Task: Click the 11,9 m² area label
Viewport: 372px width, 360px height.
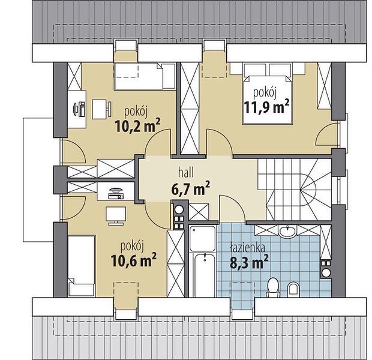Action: pyautogui.click(x=266, y=107)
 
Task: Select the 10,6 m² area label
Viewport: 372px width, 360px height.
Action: pyautogui.click(x=133, y=260)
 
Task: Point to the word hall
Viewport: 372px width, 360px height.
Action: pyautogui.click(x=186, y=173)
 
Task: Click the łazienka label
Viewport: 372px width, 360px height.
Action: pyautogui.click(x=247, y=248)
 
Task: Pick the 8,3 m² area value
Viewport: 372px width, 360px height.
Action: pyautogui.click(x=249, y=262)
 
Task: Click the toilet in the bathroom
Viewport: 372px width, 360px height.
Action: pyautogui.click(x=273, y=287)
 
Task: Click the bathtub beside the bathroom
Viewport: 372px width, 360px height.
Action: pyautogui.click(x=204, y=275)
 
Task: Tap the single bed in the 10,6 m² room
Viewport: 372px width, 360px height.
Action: pyautogui.click(x=82, y=266)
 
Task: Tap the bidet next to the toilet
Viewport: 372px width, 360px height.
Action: pyautogui.click(x=293, y=290)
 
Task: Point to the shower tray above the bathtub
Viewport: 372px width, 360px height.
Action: pyautogui.click(x=203, y=238)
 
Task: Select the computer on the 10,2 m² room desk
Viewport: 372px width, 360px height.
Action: pyautogui.click(x=79, y=109)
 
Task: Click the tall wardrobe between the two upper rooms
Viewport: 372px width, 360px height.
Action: pyautogui.click(x=190, y=109)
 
